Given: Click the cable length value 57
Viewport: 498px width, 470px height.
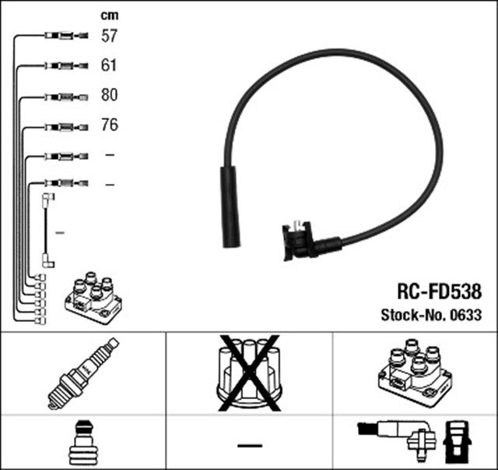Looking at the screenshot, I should tap(109, 36).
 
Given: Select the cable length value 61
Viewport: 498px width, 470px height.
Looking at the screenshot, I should tap(109, 65).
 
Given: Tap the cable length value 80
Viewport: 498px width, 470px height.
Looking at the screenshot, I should tap(109, 95).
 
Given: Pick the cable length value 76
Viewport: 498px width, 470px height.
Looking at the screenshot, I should tap(109, 125).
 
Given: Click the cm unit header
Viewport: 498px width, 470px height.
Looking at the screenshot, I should tap(109, 14).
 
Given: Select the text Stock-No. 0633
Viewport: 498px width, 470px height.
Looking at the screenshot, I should tap(430, 316).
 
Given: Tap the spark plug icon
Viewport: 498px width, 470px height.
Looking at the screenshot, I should tap(83, 375).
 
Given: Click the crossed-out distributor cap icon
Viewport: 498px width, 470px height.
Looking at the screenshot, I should tap(248, 375).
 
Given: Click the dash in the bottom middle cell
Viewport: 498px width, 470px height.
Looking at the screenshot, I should tap(249, 445).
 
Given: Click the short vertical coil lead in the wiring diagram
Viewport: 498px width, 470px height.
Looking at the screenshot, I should tap(46, 231).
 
